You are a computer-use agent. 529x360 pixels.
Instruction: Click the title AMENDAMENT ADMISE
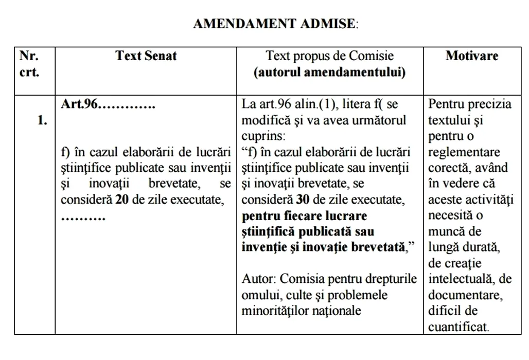(x=275, y=24)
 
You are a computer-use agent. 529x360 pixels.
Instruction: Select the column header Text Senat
(x=146, y=56)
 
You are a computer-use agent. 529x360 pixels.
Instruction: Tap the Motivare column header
(x=471, y=56)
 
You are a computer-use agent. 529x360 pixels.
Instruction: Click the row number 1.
(x=42, y=121)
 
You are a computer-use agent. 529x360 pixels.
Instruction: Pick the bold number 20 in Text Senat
(x=122, y=200)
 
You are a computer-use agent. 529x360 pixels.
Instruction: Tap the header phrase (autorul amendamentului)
(x=329, y=72)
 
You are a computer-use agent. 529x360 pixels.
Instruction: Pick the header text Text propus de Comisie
(x=329, y=56)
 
